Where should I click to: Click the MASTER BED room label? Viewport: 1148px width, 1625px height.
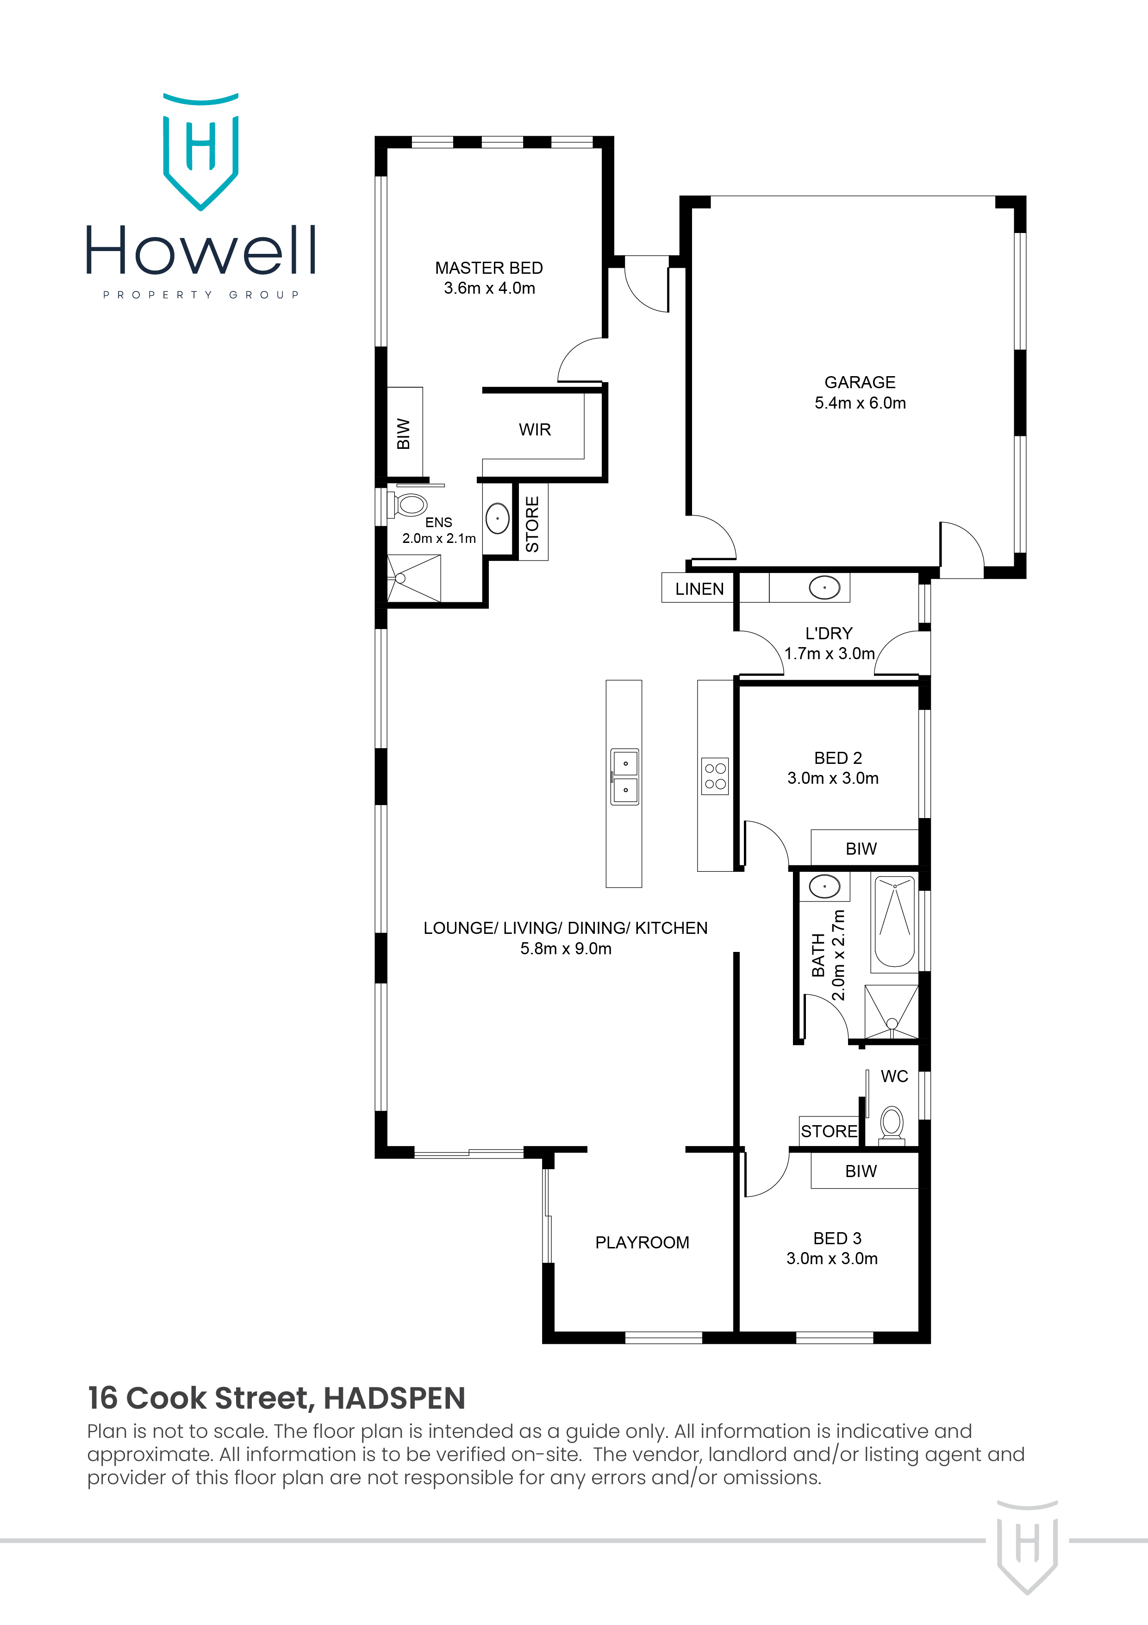[489, 268]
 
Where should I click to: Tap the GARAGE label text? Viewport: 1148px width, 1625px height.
[860, 382]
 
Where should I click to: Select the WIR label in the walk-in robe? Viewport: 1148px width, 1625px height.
[534, 429]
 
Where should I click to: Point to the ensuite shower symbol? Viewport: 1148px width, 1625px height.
[414, 578]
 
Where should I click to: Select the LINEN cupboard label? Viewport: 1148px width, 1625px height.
[699, 589]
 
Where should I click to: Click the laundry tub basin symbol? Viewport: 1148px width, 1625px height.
[824, 587]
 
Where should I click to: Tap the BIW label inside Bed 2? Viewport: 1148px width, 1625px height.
[861, 849]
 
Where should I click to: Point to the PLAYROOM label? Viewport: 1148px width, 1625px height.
[642, 1242]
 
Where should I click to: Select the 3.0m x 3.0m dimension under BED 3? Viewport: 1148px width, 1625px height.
[832, 1259]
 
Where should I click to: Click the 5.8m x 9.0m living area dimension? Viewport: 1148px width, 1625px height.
[566, 948]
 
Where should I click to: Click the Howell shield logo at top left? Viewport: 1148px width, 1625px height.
[201, 152]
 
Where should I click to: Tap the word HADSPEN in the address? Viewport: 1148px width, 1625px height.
[394, 1398]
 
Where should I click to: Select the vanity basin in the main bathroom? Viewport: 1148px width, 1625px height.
[824, 886]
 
